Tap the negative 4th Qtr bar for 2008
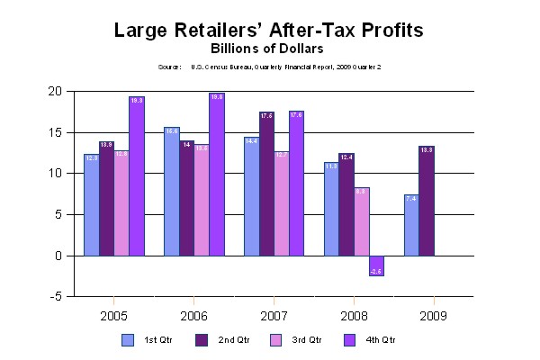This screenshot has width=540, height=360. (376, 265)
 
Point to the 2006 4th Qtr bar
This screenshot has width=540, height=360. (217, 175)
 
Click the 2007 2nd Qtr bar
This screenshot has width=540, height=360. (266, 184)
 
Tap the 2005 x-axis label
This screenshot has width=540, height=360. (113, 316)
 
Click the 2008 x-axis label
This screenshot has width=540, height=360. (354, 316)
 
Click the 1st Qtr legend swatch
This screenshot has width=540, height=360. (127, 340)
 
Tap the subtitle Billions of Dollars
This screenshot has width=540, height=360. (268, 49)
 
